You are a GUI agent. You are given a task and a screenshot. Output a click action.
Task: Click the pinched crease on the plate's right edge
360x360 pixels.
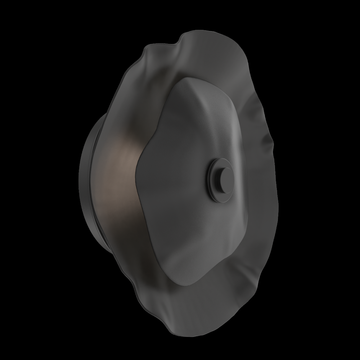click(x=268, y=139)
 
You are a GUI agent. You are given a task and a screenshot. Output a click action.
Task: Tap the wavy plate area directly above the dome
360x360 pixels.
click(x=202, y=58)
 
